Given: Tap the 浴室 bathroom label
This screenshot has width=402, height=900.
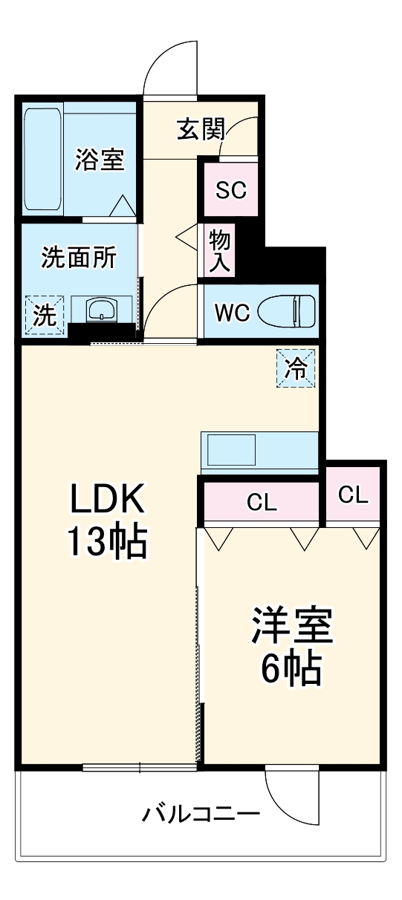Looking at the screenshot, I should (100, 159).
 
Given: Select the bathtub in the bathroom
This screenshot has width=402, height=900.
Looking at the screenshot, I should (42, 159).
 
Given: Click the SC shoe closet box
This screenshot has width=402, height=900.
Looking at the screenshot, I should (230, 190).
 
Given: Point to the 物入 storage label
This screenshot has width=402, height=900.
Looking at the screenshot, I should (221, 250).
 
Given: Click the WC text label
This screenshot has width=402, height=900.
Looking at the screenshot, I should (232, 312).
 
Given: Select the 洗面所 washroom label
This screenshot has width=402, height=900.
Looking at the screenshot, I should (78, 258).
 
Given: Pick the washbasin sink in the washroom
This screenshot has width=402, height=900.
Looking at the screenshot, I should (100, 310).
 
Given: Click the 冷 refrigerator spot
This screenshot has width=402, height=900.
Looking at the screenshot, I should (296, 368).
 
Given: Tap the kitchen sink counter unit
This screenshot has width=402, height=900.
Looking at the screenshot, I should (259, 451).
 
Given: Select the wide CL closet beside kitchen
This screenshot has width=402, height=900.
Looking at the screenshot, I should (262, 502).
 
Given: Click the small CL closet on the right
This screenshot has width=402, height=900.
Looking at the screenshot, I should (353, 495).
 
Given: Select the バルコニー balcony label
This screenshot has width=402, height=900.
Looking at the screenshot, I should (201, 815).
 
